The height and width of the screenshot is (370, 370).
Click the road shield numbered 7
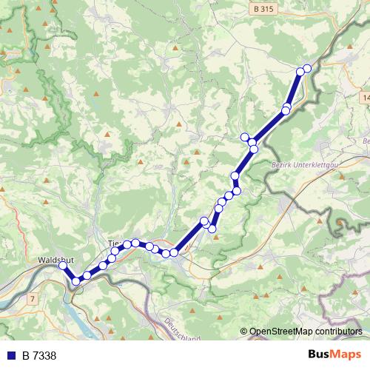point(33,298)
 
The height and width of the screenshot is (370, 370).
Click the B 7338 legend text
point(39,356)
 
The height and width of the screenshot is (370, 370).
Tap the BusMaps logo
point(334,355)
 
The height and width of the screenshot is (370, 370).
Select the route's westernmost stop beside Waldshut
point(64,266)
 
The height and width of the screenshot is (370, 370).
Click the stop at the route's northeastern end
point(307,69)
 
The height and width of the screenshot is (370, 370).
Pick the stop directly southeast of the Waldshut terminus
point(75,280)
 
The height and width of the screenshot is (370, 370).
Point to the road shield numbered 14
point(366,97)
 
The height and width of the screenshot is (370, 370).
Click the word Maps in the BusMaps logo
point(346,355)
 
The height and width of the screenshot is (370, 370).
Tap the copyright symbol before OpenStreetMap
point(244,332)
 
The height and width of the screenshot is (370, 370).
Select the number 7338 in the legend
point(44,356)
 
